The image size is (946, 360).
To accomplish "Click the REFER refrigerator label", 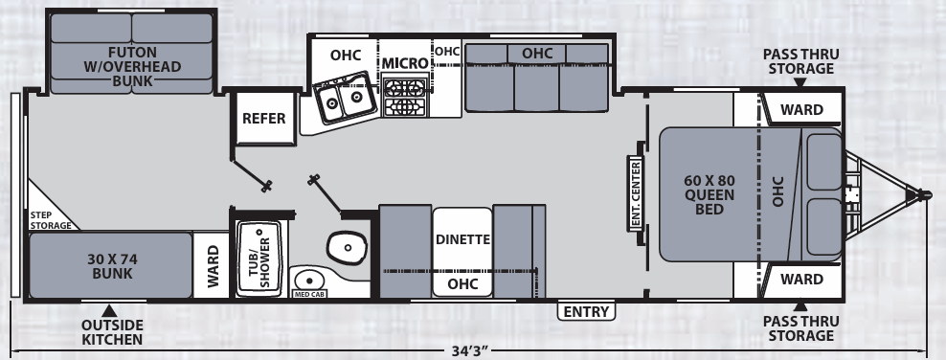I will coord(263,119).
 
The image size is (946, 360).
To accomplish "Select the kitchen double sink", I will coord(342,100).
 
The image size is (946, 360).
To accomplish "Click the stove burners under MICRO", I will coord(404,95).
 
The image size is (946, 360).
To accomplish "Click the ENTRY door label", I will coord(585,312).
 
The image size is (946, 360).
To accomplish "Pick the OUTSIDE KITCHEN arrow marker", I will coord(111,310).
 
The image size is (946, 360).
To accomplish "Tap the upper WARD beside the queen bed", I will coord(800,109).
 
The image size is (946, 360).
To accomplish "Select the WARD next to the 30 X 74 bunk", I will coord(212,264).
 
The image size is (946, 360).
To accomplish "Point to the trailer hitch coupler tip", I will coord(926,194).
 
